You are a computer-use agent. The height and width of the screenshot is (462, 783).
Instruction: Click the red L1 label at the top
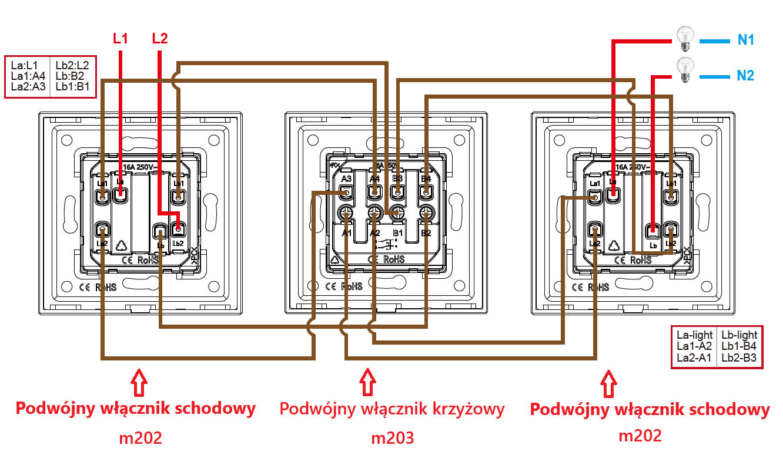coord(121,39)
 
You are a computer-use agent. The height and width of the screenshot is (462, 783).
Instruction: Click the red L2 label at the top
coord(159,39)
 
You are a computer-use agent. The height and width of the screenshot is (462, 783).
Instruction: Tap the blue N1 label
coord(746,41)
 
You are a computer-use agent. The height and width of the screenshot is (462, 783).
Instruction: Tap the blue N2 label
coord(745,75)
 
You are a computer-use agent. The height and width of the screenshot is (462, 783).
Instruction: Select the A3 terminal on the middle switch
coord(346,191)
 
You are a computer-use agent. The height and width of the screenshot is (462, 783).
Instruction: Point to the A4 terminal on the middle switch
coord(374,191)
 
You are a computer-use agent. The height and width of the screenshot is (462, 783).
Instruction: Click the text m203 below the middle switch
coord(392,438)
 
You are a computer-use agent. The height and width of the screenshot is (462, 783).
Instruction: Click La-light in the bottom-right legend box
coord(694,336)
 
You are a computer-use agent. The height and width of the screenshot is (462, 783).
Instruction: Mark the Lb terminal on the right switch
coord(651,229)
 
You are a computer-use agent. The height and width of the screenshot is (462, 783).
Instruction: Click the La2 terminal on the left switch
coord(102,229)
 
